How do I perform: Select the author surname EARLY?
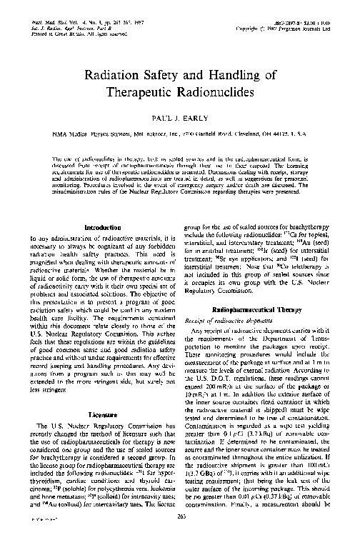pos(200,114)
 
